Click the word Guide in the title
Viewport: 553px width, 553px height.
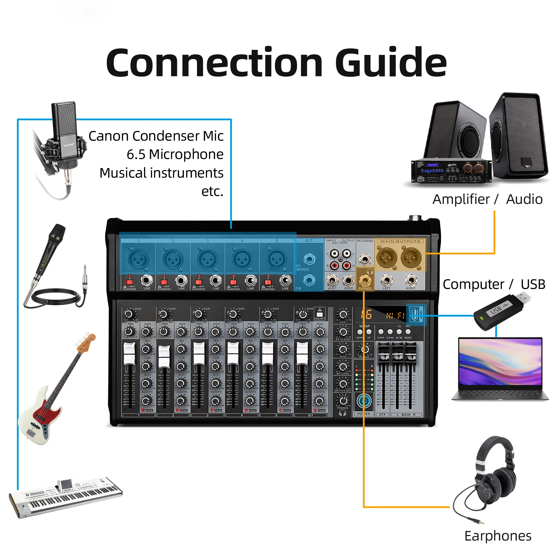pyautogui.click(x=391, y=63)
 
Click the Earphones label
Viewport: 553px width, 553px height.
pyautogui.click(x=498, y=536)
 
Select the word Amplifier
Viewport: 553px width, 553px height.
pyautogui.click(x=461, y=199)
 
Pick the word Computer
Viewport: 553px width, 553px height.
pyautogui.click(x=473, y=284)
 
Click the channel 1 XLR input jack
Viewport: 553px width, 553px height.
pyautogui.click(x=138, y=259)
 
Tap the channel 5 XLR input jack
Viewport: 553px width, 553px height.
pyautogui.click(x=276, y=259)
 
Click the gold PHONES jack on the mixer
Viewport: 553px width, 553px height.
pyautogui.click(x=365, y=280)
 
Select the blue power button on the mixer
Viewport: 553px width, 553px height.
pyautogui.click(x=364, y=401)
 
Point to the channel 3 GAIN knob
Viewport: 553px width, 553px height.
pyautogui.click(x=198, y=314)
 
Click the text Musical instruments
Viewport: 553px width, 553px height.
pyautogui.click(x=161, y=173)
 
